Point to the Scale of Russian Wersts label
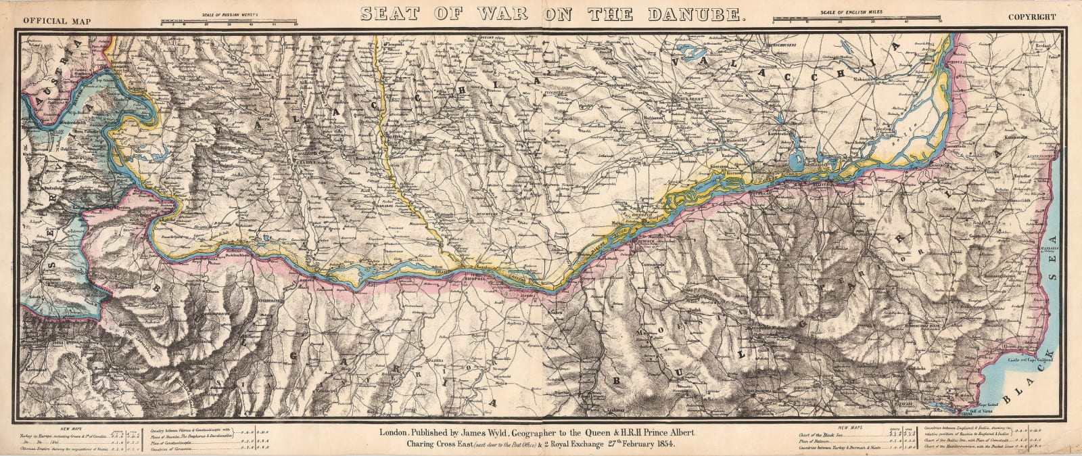229,14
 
